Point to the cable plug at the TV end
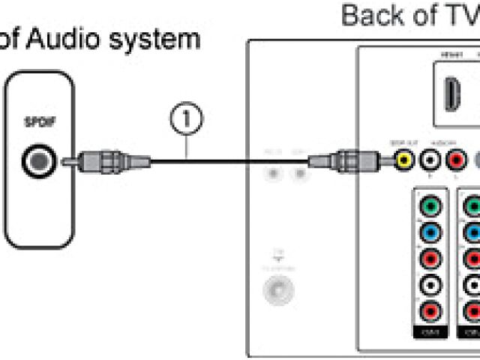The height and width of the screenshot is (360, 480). [346, 159]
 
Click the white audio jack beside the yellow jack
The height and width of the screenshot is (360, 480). [430, 159]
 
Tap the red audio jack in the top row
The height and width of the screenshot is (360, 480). [455, 159]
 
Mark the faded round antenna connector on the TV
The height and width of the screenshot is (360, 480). [277, 289]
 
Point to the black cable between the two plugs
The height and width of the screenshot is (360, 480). [225, 159]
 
